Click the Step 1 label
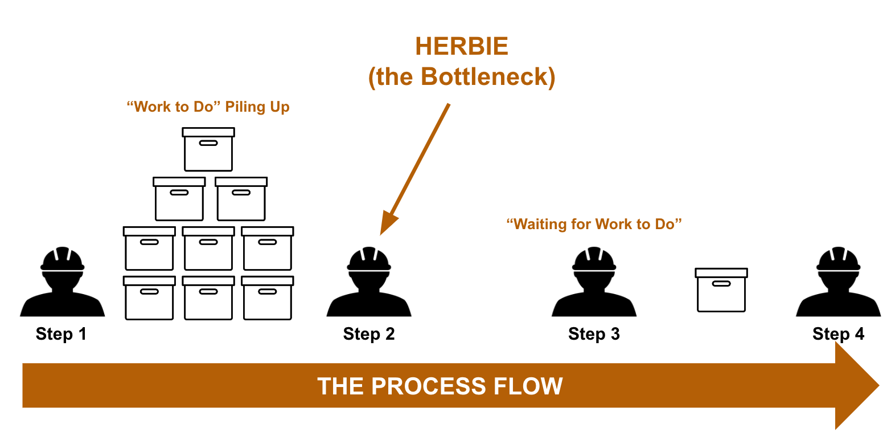coord(61,334)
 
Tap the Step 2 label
coord(369,334)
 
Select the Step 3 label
coord(594,334)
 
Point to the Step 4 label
coord(838,334)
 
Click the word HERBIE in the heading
coord(462,47)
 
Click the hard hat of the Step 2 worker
coord(369,259)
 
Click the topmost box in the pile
coord(208,149)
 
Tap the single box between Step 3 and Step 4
coord(721,290)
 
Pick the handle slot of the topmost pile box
coord(208,143)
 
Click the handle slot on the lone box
coord(721,284)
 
